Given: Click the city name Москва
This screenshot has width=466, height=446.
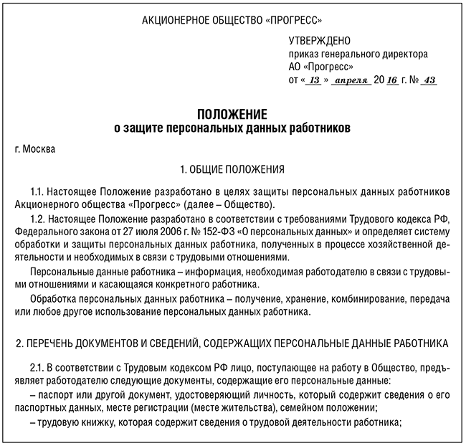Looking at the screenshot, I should pyautogui.click(x=38, y=149).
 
